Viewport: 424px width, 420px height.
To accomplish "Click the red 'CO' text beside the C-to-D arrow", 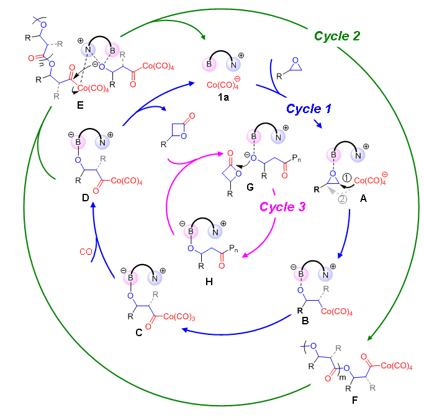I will [86, 252].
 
